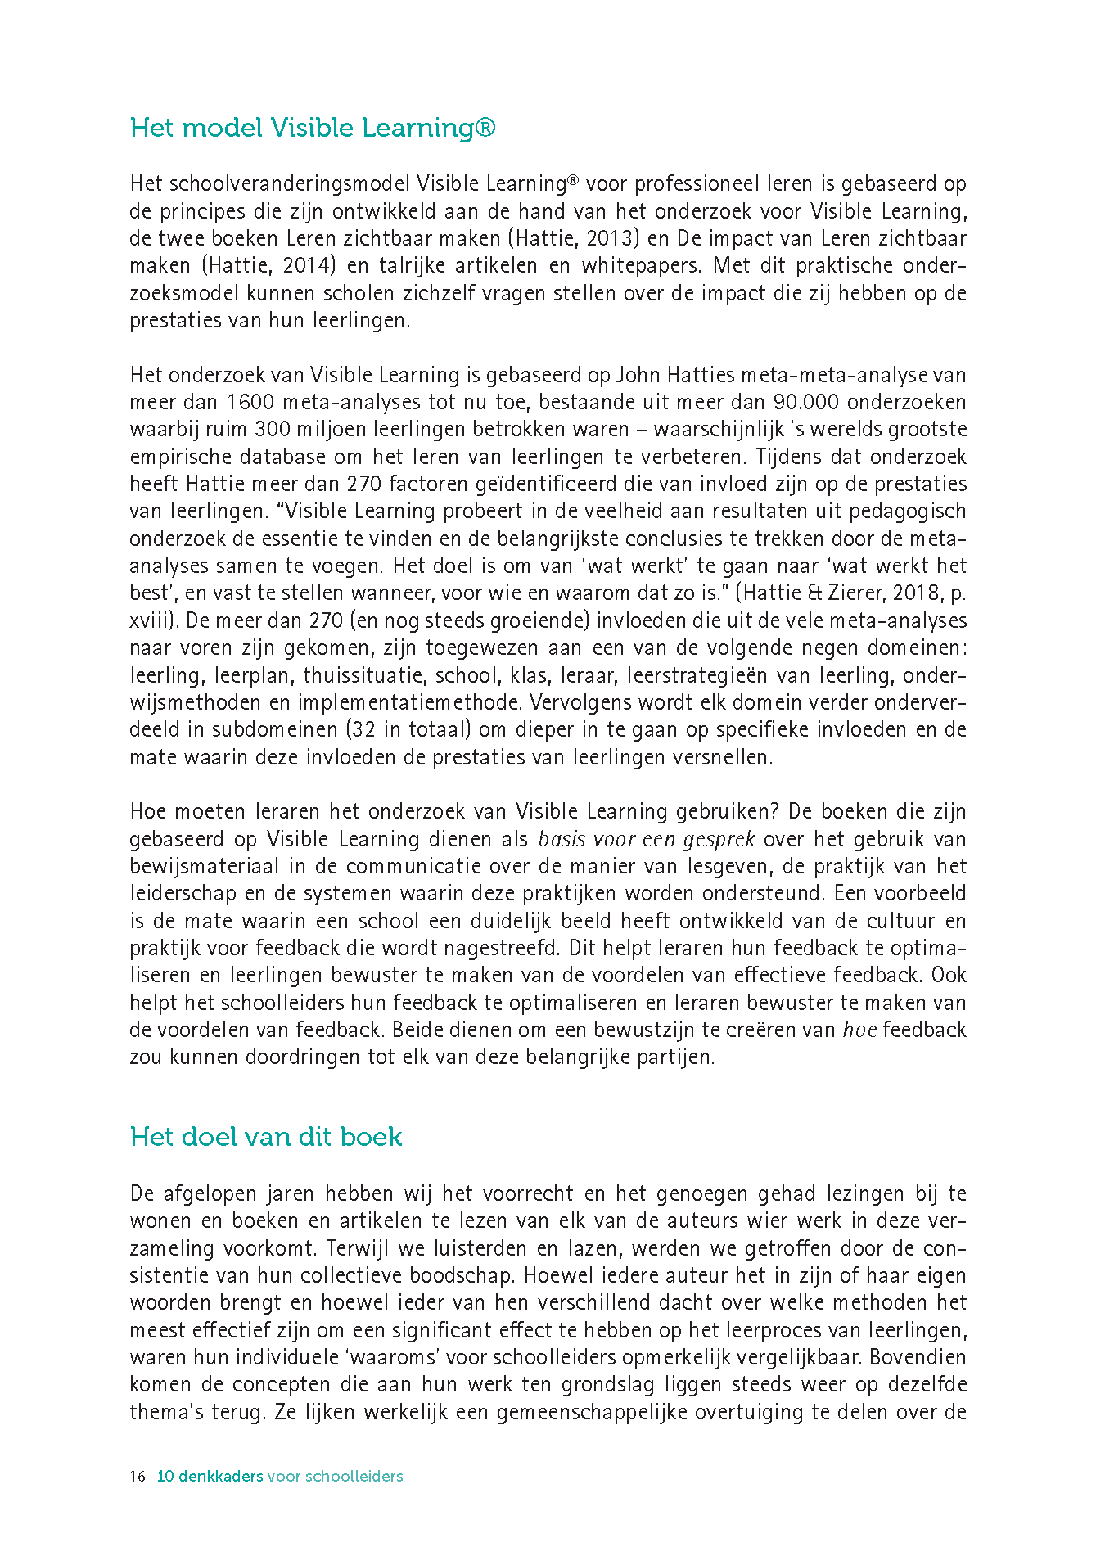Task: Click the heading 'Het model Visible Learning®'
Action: click(313, 129)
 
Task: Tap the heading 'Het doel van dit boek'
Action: click(266, 1138)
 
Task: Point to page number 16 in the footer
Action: click(138, 1477)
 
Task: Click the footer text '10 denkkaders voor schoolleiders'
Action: click(280, 1477)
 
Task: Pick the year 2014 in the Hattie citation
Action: click(308, 266)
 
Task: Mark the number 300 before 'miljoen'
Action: click(272, 430)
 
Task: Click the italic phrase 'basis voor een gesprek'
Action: click(647, 840)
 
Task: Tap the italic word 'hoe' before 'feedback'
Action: click(859, 1031)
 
